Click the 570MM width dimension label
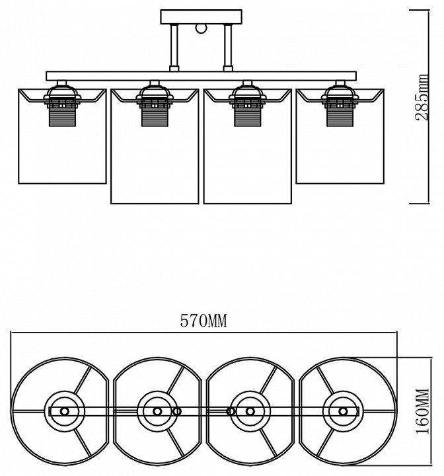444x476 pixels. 203,322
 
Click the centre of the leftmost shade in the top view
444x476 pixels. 63,411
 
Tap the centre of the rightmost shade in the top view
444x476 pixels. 343,411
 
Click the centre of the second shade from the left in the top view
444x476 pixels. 157,411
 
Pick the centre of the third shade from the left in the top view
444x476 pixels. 250,411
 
